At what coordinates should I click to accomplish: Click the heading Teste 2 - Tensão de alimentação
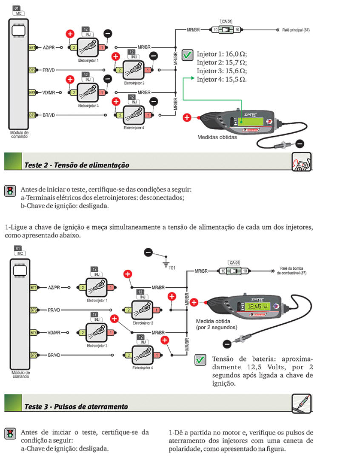tap(77, 165)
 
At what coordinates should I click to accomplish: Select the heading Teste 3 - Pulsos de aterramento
tap(76, 406)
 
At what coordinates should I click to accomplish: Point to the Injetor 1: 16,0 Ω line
tap(222, 55)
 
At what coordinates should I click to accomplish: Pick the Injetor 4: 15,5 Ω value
tap(222, 79)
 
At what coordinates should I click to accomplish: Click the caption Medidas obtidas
tap(217, 137)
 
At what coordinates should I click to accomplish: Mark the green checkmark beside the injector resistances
tap(187, 55)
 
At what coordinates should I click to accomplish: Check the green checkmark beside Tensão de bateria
tap(200, 360)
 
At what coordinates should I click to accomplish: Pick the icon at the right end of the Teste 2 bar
tap(301, 163)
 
